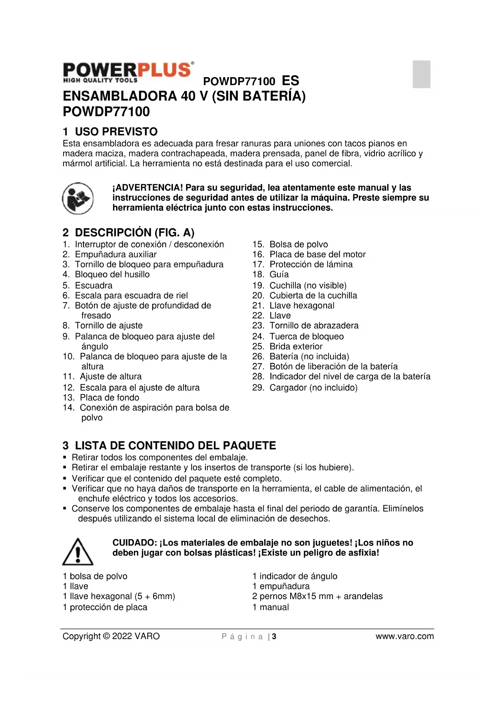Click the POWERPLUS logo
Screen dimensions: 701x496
click(x=128, y=72)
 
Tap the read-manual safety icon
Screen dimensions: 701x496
click(x=78, y=198)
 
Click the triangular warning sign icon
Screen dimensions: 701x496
click(x=78, y=552)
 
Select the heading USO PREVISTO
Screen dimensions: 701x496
click(x=116, y=131)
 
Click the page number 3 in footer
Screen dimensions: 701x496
click(x=274, y=637)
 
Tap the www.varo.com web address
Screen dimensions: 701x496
click(x=404, y=636)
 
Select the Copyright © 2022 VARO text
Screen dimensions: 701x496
click(x=111, y=636)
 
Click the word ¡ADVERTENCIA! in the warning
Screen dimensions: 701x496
click(x=147, y=188)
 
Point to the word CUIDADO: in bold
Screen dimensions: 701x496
click(x=135, y=543)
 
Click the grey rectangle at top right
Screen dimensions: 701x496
click(x=421, y=74)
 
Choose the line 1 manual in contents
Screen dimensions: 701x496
click(x=271, y=607)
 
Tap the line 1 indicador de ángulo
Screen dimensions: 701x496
click(x=295, y=576)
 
